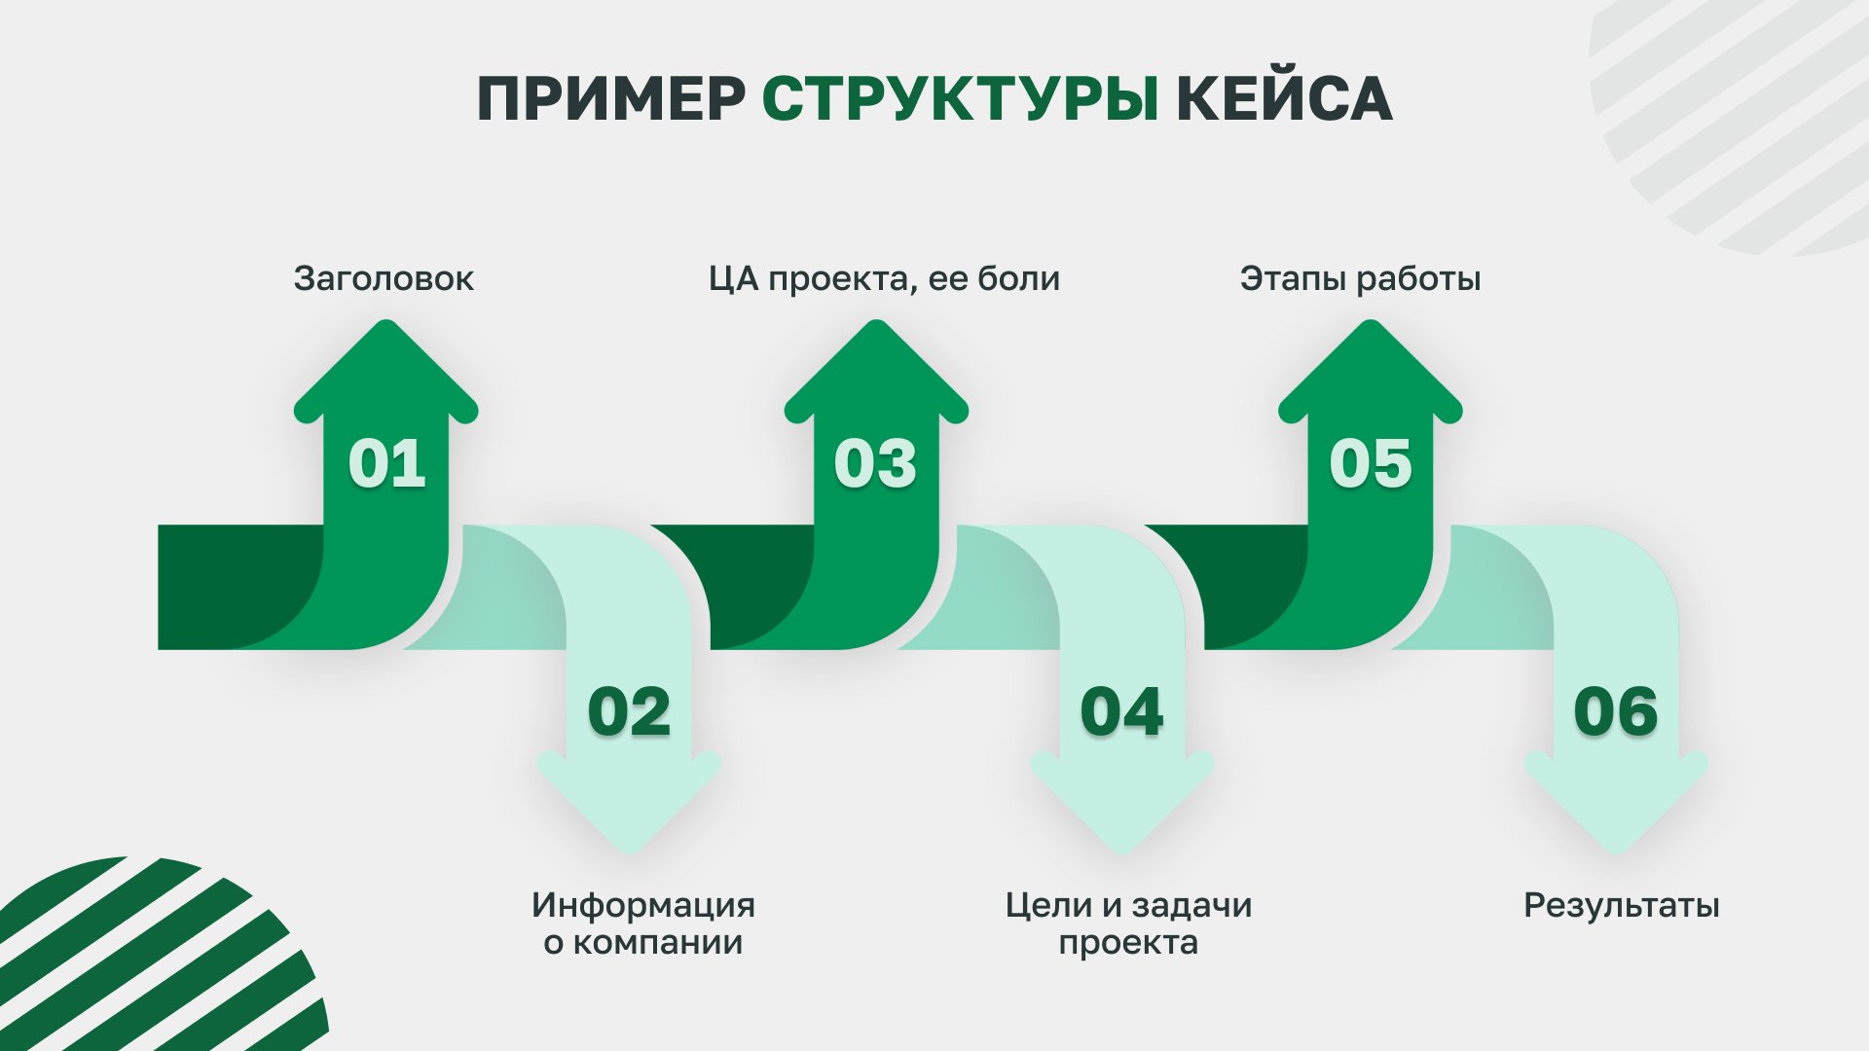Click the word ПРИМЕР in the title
(x=611, y=98)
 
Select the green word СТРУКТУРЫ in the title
(x=961, y=98)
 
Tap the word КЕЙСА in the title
(x=1284, y=98)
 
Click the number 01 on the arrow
(x=387, y=463)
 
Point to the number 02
(x=629, y=712)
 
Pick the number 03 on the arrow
(x=875, y=463)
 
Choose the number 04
(x=1121, y=712)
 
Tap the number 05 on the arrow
(x=1371, y=463)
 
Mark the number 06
(x=1616, y=712)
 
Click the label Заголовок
(x=384, y=279)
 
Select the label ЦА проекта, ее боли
(x=884, y=280)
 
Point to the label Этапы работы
(x=1360, y=280)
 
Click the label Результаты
(x=1622, y=907)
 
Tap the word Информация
(x=643, y=907)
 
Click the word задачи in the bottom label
(x=1191, y=907)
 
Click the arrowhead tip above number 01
(x=386, y=321)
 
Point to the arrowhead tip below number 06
(x=1616, y=854)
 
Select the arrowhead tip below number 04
(x=1122, y=854)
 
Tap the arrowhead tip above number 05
(x=1371, y=321)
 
